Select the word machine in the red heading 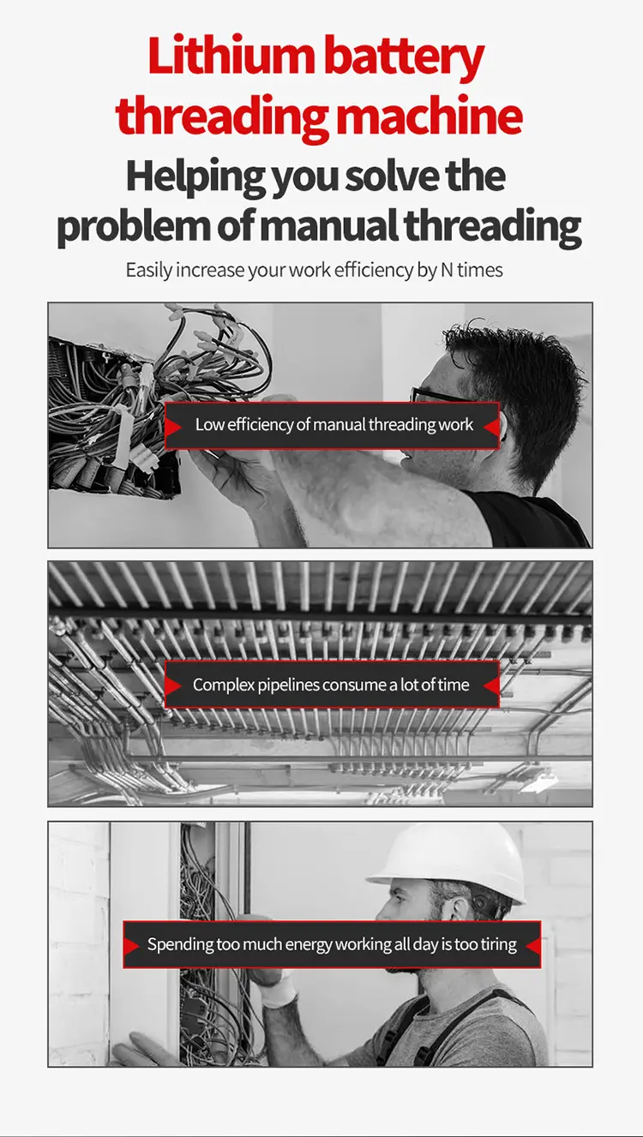click(430, 115)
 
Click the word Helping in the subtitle click(195, 177)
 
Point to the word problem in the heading click(133, 227)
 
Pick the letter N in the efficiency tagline click(447, 270)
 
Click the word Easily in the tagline click(149, 271)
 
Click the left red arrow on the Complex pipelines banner click(172, 685)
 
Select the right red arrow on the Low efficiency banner click(491, 427)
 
